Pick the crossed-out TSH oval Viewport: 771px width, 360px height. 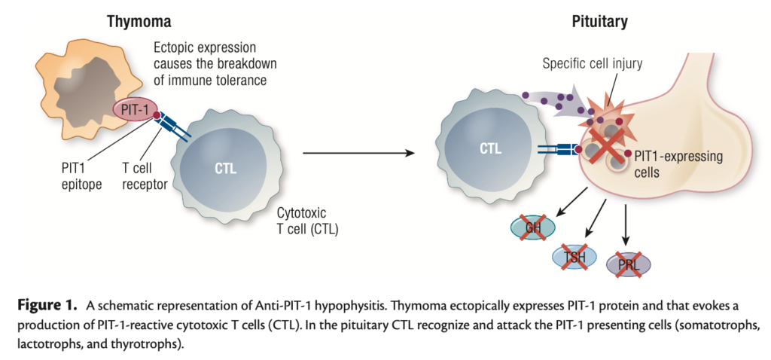(574, 256)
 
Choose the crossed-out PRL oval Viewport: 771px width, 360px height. (627, 264)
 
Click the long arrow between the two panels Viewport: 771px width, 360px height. (358, 154)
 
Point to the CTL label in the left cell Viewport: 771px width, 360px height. (224, 168)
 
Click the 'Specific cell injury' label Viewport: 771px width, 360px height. (593, 63)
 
